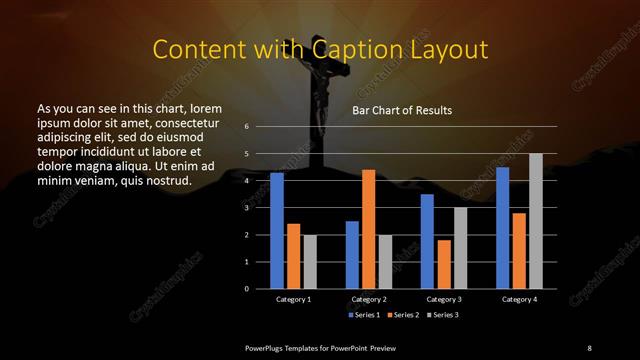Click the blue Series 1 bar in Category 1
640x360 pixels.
[277, 231]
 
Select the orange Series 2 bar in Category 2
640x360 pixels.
[368, 229]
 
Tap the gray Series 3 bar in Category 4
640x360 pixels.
[536, 221]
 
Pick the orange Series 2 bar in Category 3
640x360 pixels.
[444, 264]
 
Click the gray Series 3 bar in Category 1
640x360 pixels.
[310, 262]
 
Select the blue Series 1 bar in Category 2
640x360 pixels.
[352, 255]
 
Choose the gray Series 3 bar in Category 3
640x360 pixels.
[460, 248]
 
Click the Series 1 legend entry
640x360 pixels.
[365, 315]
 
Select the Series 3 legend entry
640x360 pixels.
[446, 315]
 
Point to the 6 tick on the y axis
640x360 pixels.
[247, 127]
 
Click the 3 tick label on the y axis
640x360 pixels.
[247, 208]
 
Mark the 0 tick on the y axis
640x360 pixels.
[247, 289]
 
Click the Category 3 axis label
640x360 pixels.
[443, 299]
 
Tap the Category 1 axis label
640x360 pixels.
[293, 299]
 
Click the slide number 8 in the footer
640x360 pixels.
[589, 347]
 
